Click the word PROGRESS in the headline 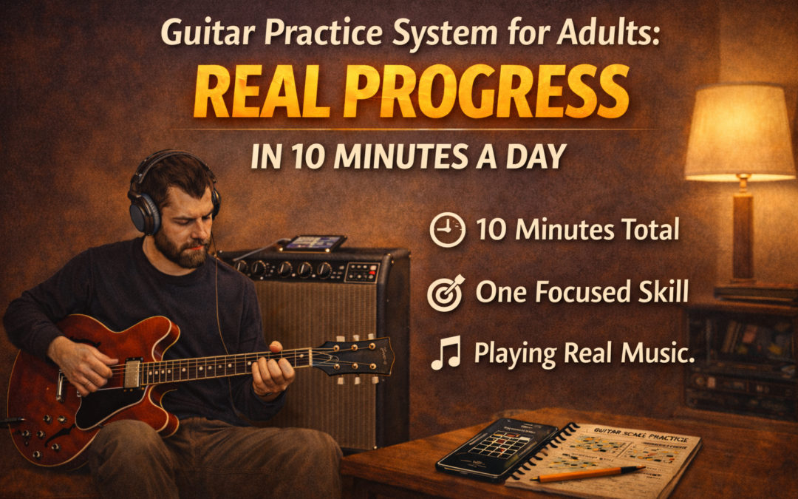click(x=488, y=95)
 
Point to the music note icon click(x=446, y=353)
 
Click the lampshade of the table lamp click(x=739, y=133)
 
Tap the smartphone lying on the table click(x=497, y=447)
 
